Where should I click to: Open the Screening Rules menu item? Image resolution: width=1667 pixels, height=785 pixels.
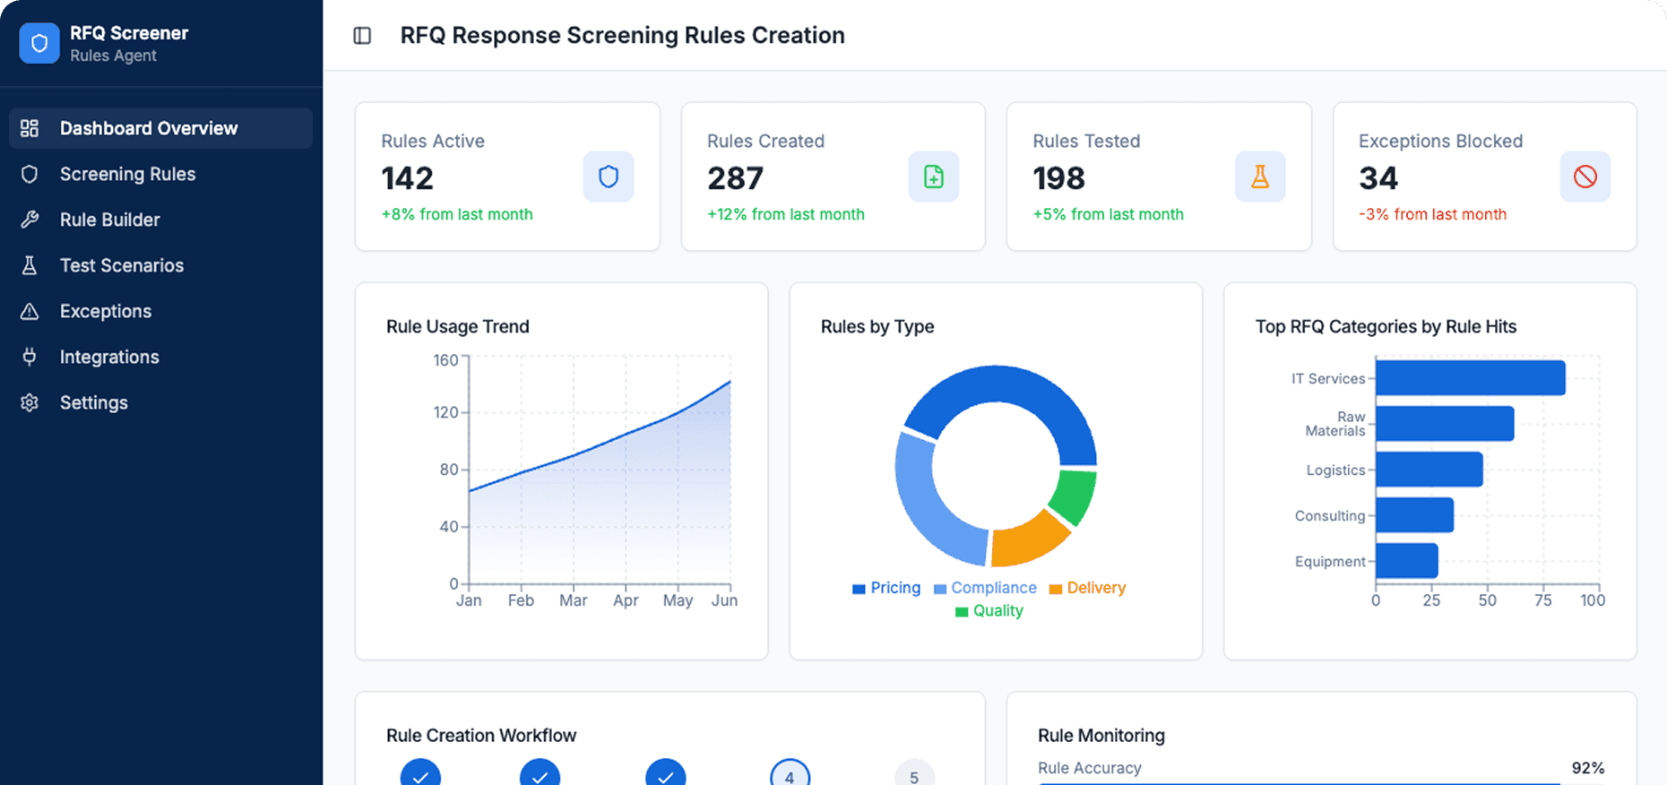click(x=127, y=174)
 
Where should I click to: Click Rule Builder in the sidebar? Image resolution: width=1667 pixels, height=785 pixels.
click(x=109, y=220)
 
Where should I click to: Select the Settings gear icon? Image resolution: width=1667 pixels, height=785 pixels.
click(x=30, y=402)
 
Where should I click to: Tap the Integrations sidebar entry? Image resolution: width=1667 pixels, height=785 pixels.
click(x=108, y=357)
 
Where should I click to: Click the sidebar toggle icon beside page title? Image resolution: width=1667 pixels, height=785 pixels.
click(x=362, y=36)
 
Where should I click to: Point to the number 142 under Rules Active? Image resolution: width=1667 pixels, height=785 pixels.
click(x=407, y=178)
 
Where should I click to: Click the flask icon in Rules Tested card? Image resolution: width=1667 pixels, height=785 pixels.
click(x=1259, y=177)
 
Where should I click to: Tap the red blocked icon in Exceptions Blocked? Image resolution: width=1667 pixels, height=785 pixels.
click(x=1585, y=177)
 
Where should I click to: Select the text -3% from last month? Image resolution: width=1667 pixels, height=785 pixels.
click(x=1432, y=214)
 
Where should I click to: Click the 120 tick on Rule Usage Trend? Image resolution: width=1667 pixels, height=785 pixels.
click(x=445, y=412)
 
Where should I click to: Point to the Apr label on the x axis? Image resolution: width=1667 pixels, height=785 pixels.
click(x=626, y=600)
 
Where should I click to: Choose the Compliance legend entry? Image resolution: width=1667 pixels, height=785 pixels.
click(x=985, y=588)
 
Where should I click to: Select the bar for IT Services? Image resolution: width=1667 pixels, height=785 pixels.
click(x=1470, y=378)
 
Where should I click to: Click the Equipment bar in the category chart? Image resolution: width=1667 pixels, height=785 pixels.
click(x=1406, y=561)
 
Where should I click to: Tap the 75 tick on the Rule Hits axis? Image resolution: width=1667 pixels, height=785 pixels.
click(x=1542, y=600)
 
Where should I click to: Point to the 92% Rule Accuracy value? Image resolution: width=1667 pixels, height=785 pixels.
click(x=1587, y=768)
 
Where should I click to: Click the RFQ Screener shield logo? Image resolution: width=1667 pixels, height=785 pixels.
click(x=39, y=43)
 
